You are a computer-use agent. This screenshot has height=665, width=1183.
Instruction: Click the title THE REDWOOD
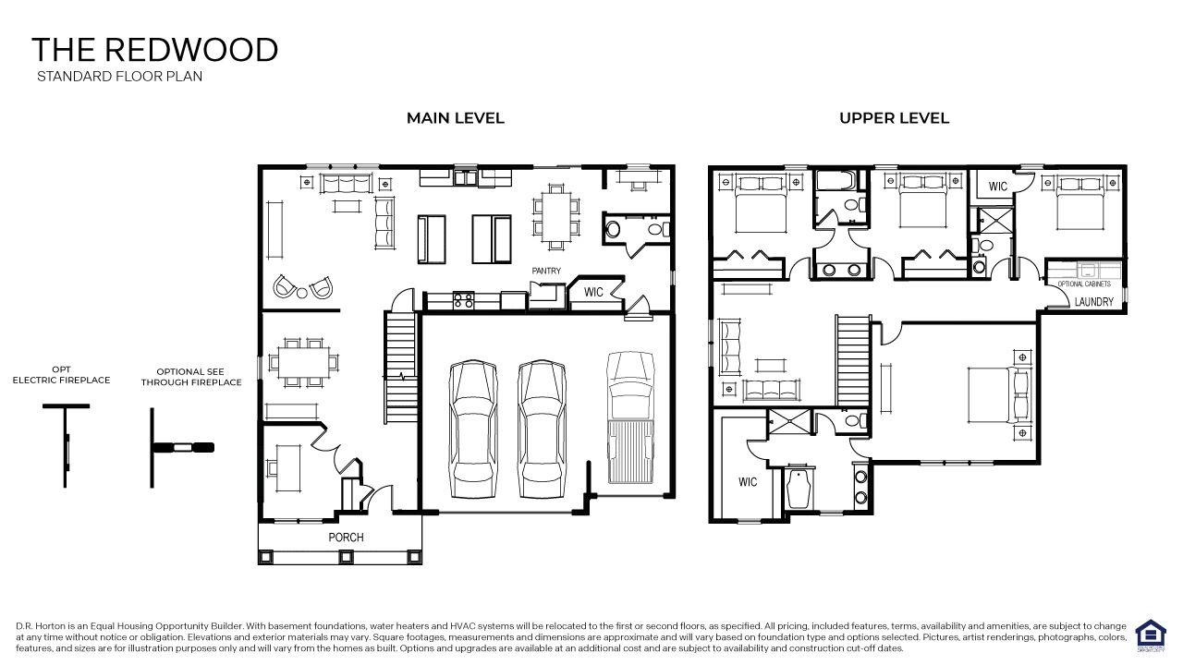tap(154, 50)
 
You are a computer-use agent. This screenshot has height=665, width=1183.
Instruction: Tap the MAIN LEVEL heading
tap(456, 118)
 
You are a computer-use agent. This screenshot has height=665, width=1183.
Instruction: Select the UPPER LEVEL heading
tap(894, 118)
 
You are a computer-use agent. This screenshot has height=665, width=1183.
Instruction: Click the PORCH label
tap(347, 538)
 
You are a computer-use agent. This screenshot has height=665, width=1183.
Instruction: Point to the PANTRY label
tap(545, 271)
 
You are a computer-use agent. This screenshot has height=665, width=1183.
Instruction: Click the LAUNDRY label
tap(1094, 302)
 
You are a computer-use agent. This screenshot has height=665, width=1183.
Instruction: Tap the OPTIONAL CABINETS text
tap(1084, 284)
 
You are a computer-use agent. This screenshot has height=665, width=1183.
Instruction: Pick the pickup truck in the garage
tap(631, 421)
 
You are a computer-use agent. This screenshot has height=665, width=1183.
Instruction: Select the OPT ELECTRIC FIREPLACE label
tap(61, 374)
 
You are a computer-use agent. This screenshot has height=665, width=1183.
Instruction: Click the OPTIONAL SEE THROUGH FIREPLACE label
tap(191, 377)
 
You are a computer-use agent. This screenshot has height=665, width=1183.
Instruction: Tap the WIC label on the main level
tap(593, 292)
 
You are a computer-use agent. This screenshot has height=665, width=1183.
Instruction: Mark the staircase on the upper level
tap(853, 360)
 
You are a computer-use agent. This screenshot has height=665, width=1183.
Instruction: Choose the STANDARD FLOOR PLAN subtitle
tap(119, 77)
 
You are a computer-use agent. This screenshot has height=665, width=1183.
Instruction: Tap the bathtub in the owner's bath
tap(797, 489)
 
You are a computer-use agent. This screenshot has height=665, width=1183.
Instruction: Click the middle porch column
tap(346, 557)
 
